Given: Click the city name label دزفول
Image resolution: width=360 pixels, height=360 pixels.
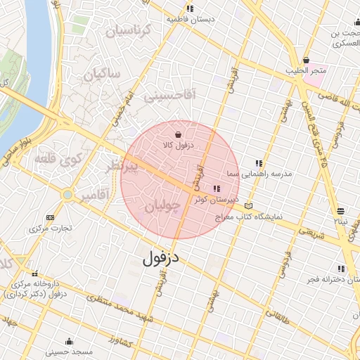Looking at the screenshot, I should pos(161,257).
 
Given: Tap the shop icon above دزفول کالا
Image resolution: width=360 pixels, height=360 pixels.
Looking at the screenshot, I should pos(177,134).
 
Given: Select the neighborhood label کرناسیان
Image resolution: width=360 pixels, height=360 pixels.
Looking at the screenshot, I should pos(128,31).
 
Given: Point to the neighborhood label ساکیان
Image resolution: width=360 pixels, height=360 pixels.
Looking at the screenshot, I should pos(103,73).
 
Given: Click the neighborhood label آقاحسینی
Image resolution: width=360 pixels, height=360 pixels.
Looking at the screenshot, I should pos(171,95).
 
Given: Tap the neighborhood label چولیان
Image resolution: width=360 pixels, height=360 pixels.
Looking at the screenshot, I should pos(163,205).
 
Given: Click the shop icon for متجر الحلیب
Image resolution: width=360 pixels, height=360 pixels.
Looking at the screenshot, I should pos(305,60).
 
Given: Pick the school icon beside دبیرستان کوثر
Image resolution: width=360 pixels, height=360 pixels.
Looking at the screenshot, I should pos(216,188).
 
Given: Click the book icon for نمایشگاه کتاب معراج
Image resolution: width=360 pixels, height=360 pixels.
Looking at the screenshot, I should pos(252,207).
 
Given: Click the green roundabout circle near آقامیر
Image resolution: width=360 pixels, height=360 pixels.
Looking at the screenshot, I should pos(67,194).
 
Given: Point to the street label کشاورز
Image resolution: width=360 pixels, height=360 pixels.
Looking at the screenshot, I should pos(124,341).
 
